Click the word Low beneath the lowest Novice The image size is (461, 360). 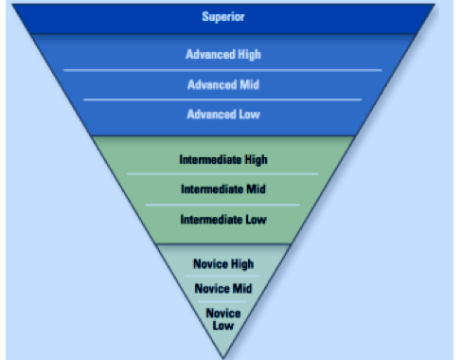pos(223,326)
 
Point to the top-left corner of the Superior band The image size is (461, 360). pos(7,4)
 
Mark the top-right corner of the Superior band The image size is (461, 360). pos(440,4)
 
